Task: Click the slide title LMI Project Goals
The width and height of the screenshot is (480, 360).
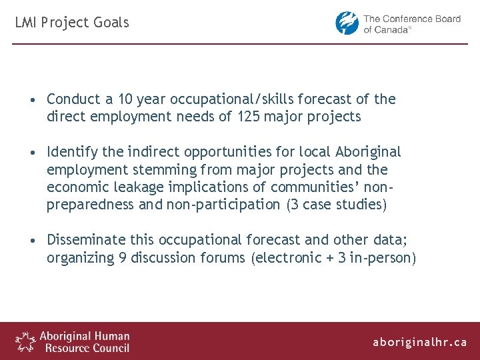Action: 72,23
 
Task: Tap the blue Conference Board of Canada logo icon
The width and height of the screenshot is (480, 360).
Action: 347,23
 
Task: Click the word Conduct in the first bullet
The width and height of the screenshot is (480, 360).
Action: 73,99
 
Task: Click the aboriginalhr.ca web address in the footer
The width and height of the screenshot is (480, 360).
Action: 420,342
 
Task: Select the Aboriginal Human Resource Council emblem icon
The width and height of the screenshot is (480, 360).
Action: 26,341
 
